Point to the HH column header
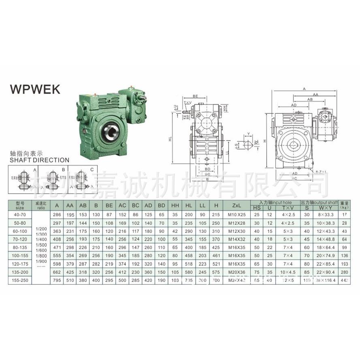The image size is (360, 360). [x=175, y=205]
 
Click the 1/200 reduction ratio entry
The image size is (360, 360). [x=40, y=229]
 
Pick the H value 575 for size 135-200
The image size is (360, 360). [x=217, y=272]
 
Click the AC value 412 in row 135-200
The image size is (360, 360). [x=122, y=272]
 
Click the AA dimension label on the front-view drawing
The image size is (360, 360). [x=315, y=94]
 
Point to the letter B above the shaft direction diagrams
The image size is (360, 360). [x=63, y=169]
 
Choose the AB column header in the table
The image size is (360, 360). [x=83, y=205]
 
